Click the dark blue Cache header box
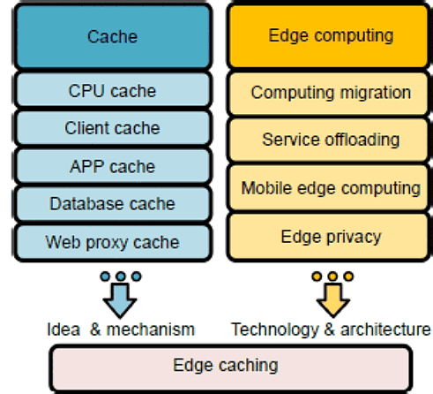[x=112, y=36]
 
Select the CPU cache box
[x=112, y=90]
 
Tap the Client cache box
[x=112, y=128]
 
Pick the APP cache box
[x=112, y=166]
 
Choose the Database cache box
[x=112, y=203]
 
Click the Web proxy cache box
[x=112, y=241]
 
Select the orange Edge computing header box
[x=330, y=36]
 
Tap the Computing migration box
[x=330, y=92]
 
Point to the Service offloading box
[x=330, y=140]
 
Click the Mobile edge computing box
[x=330, y=187]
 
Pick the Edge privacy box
[x=330, y=236]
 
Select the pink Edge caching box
[x=230, y=366]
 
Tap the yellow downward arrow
[x=332, y=300]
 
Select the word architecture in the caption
[x=384, y=330]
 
